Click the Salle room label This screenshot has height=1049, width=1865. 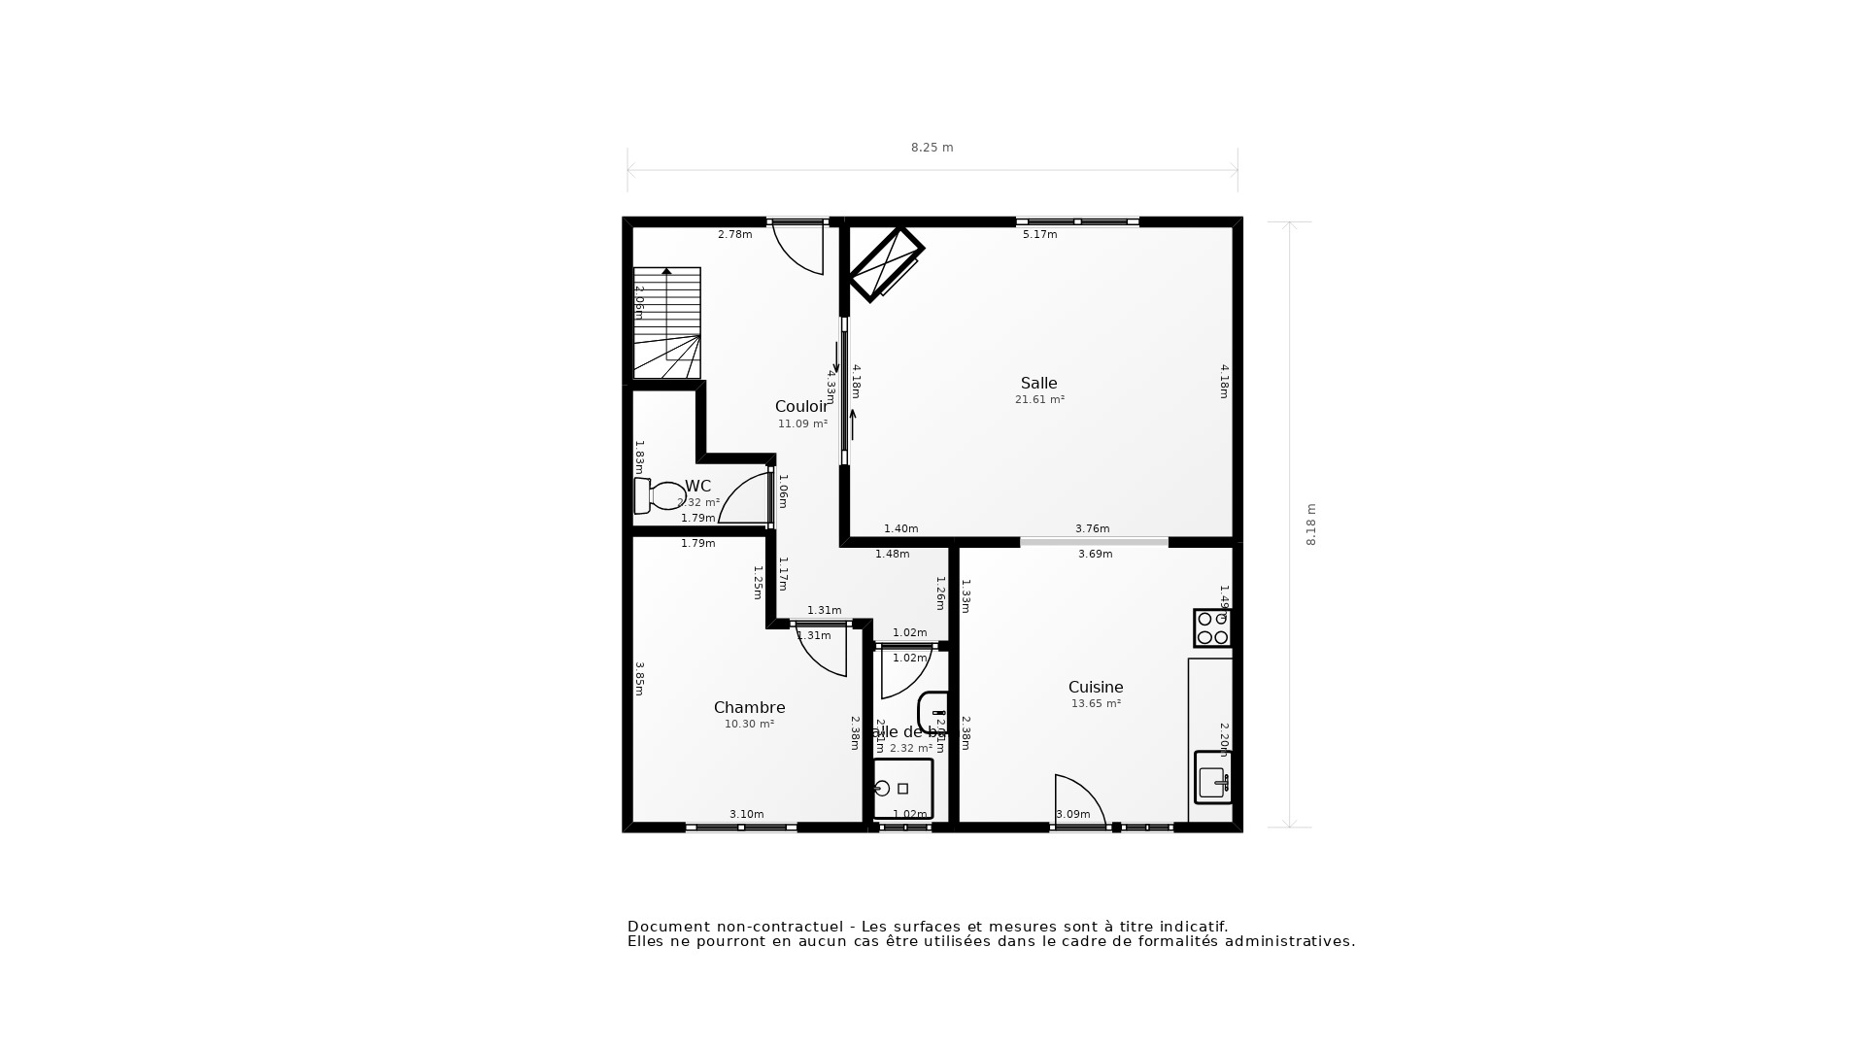click(x=1038, y=384)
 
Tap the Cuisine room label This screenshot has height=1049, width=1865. click(x=1096, y=688)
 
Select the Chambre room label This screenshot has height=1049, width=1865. click(x=749, y=708)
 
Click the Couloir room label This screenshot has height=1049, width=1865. click(x=801, y=407)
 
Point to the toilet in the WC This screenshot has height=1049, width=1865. click(x=661, y=495)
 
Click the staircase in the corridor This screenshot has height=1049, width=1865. click(x=667, y=322)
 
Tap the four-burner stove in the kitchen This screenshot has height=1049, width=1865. click(x=1212, y=628)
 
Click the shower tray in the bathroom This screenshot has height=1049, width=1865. click(x=902, y=789)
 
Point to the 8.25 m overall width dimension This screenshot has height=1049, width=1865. click(x=932, y=148)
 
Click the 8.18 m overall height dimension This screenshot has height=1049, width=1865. click(x=1310, y=524)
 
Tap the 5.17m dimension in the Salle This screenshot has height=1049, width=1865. click(x=1039, y=234)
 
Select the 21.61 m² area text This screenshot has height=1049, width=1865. click(x=1039, y=400)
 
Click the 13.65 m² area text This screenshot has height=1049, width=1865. click(x=1096, y=704)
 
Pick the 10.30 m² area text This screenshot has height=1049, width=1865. click(x=749, y=725)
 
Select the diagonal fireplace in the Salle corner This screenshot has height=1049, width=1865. click(x=885, y=263)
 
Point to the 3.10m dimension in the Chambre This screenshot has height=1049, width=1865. click(x=746, y=815)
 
